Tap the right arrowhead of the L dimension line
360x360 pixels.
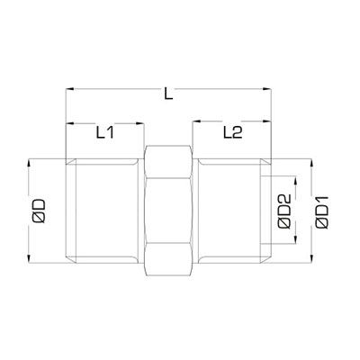click(270, 90)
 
